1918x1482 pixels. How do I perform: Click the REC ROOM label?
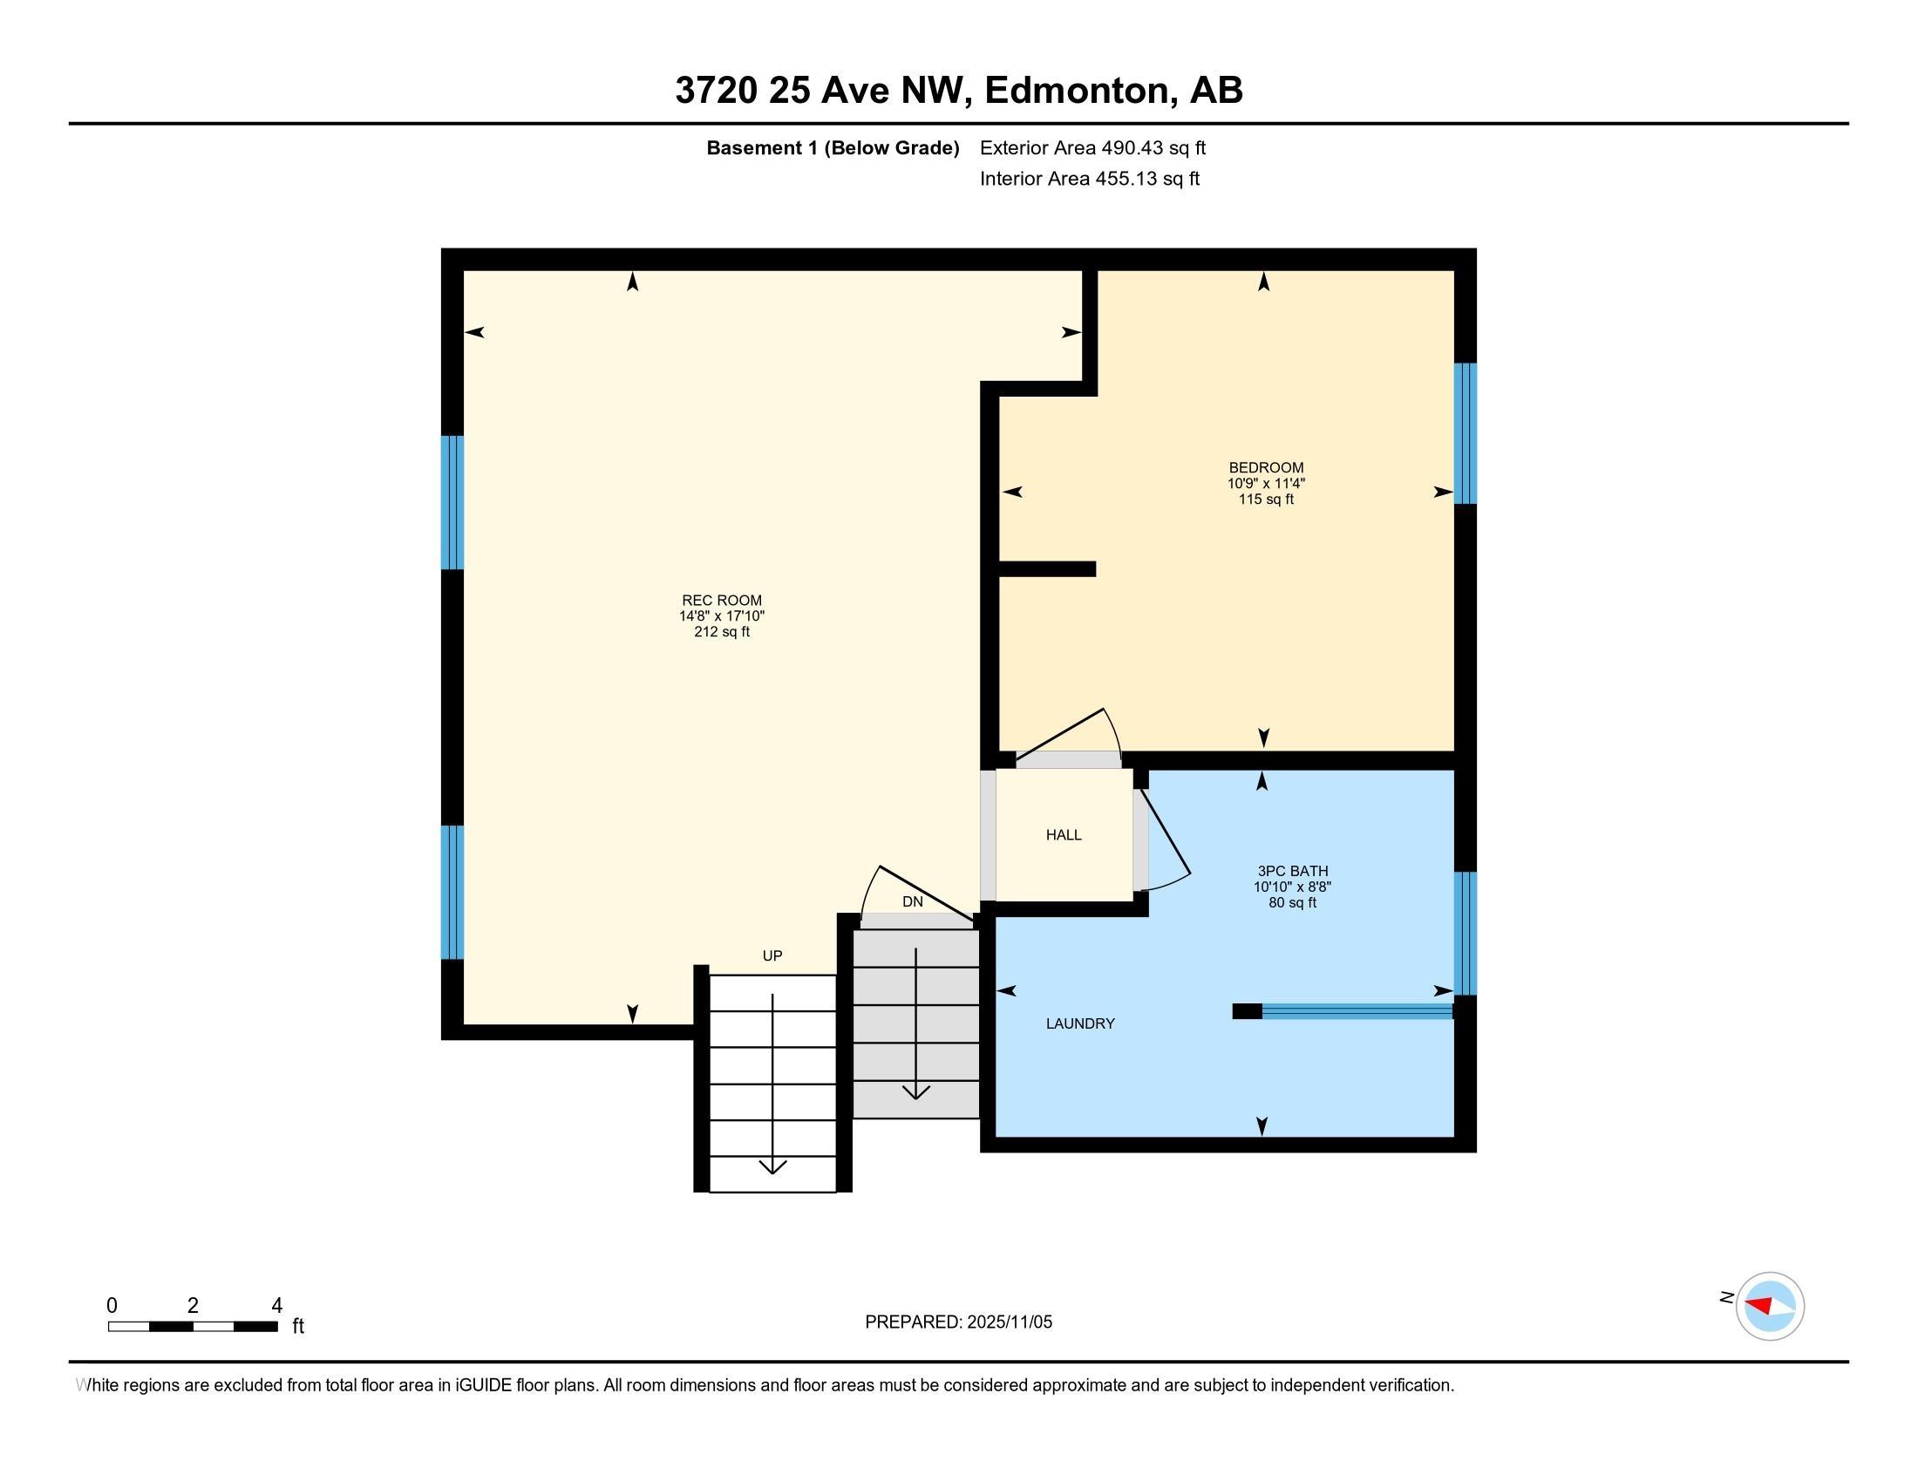pyautogui.click(x=722, y=601)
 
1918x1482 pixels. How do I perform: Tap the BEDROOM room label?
pyautogui.click(x=1266, y=468)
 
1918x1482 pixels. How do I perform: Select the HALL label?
pyautogui.click(x=1063, y=835)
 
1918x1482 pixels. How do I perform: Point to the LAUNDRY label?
pyautogui.click(x=1079, y=1023)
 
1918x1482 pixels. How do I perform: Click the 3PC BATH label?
pyautogui.click(x=1292, y=871)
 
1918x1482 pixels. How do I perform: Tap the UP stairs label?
pyautogui.click(x=772, y=956)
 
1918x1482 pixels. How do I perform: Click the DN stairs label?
pyautogui.click(x=913, y=901)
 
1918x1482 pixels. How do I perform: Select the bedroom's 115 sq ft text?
pyautogui.click(x=1266, y=500)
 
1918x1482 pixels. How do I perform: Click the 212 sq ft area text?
pyautogui.click(x=722, y=632)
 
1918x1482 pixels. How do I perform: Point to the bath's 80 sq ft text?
pyautogui.click(x=1292, y=902)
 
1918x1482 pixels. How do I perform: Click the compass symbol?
pyautogui.click(x=1769, y=1306)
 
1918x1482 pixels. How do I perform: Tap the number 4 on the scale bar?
pyautogui.click(x=276, y=1306)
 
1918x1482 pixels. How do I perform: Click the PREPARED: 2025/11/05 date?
pyautogui.click(x=958, y=1322)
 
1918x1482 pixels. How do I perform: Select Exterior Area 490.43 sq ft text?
pyautogui.click(x=1092, y=148)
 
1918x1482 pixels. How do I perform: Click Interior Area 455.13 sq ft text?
pyautogui.click(x=1089, y=179)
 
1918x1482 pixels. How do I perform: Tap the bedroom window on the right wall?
pyautogui.click(x=1465, y=434)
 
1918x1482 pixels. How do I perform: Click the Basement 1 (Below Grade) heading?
pyautogui.click(x=832, y=148)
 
